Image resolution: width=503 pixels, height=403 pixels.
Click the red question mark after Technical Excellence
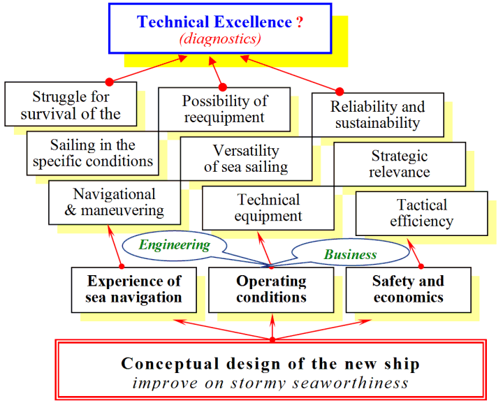pos(300,22)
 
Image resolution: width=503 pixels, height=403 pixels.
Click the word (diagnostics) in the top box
pos(220,39)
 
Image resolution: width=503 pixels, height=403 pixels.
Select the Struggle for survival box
pos(71,104)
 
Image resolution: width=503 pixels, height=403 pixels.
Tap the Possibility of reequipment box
pos(224,110)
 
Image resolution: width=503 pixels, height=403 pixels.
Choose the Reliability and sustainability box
pos(378,115)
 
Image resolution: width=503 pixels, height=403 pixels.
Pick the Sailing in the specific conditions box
pos(93,153)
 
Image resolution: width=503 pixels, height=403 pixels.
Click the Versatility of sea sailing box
pos(246,159)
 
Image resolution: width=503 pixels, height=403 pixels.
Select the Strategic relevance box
pos(400,164)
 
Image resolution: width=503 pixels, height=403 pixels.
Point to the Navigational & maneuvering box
pos(115,203)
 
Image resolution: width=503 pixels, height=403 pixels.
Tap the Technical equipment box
pos(268,208)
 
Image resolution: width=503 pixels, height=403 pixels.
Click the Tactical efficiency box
pos(421,214)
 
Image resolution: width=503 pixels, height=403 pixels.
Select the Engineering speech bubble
pos(175,245)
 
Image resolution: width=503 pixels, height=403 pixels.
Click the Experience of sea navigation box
pos(133,290)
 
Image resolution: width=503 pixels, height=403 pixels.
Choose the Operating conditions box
pos(271,290)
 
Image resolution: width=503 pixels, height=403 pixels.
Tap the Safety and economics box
pos(409,290)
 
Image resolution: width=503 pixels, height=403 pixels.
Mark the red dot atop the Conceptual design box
pos(272,339)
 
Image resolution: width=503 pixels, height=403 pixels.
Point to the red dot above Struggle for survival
pos(110,82)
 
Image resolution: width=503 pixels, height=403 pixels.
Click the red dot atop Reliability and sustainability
pos(340,91)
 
